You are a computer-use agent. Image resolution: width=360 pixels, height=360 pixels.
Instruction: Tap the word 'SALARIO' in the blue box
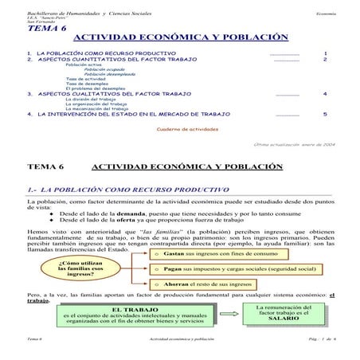(284, 319)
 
